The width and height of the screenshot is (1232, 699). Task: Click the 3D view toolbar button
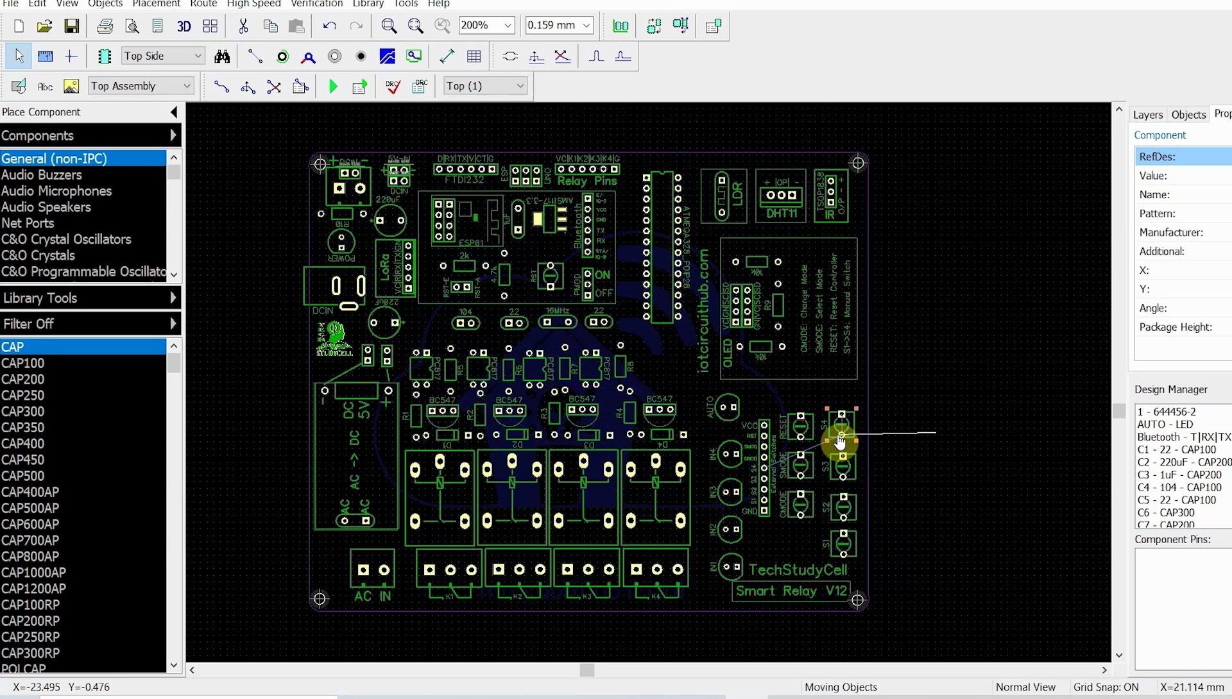point(184,26)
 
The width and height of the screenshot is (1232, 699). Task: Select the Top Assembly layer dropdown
point(141,86)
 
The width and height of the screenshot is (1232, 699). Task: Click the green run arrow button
point(332,87)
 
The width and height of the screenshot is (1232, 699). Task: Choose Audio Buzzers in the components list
point(42,174)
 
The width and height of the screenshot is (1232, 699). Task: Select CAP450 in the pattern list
point(22,460)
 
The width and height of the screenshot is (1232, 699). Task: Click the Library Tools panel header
point(90,298)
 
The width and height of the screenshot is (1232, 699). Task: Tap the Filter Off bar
point(90,324)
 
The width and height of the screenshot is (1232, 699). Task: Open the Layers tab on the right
point(1147,115)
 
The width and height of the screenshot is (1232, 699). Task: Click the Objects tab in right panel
point(1188,115)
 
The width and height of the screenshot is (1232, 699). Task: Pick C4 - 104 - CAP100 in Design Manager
point(1179,487)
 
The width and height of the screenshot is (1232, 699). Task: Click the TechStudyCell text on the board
point(798,569)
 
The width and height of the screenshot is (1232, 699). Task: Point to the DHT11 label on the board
point(781,214)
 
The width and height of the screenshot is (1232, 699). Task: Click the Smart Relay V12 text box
point(791,591)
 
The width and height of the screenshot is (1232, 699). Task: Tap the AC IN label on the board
point(372,596)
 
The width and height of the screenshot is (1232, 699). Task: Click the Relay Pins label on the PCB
point(586,181)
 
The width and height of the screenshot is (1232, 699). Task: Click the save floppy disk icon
point(71,26)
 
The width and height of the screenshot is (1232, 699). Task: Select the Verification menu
point(316,4)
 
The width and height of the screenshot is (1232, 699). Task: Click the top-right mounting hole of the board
point(858,163)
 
